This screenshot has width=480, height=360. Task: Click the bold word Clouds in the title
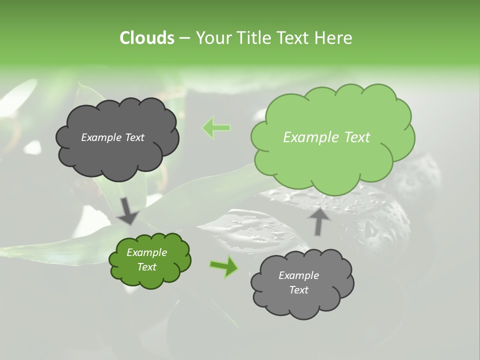(146, 38)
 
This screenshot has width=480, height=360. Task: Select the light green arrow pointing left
(216, 128)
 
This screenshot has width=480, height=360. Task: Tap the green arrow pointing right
(223, 266)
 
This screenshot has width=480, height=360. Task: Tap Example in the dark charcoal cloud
(101, 137)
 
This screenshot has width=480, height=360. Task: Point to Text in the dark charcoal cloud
(133, 137)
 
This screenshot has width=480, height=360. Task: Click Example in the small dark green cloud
(146, 252)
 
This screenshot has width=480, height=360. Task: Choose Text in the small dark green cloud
(146, 267)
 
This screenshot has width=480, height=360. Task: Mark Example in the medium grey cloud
(298, 275)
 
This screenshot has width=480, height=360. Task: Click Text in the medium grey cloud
(298, 290)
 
